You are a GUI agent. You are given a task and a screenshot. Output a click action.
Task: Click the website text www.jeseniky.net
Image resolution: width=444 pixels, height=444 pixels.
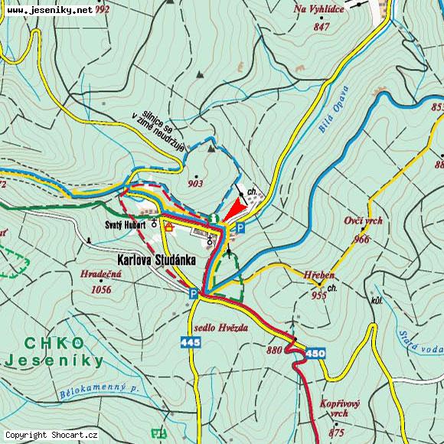click(x=49, y=10)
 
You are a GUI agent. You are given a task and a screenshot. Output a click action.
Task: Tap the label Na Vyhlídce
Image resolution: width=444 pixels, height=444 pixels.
click(x=319, y=10)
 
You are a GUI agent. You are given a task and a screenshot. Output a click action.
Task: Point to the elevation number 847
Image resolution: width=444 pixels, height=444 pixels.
click(x=322, y=27)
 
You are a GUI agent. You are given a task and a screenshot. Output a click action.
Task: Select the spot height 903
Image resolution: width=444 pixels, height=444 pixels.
click(x=194, y=184)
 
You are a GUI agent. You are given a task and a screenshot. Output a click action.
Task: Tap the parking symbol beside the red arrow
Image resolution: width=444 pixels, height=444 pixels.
click(x=240, y=227)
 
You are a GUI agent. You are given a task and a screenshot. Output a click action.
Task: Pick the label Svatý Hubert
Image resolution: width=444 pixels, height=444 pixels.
click(x=125, y=225)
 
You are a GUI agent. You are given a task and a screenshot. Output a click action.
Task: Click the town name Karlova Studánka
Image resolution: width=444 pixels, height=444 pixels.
click(x=157, y=260)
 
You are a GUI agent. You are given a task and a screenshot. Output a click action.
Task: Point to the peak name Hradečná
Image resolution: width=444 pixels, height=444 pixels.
click(x=100, y=274)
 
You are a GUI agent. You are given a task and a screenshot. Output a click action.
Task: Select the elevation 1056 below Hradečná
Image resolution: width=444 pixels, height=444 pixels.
click(x=100, y=289)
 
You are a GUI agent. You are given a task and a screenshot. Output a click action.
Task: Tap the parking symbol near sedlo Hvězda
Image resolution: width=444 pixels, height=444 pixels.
click(x=194, y=293)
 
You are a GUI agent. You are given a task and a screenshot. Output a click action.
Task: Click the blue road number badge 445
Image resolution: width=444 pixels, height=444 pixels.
click(x=192, y=342)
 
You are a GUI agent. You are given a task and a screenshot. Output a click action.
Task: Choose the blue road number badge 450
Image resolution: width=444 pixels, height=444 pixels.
click(x=315, y=353)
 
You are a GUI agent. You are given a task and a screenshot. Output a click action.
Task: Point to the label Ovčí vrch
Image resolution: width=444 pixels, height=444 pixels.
click(x=363, y=221)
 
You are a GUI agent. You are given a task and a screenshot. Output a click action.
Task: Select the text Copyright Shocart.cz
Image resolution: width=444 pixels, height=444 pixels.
click(x=52, y=435)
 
